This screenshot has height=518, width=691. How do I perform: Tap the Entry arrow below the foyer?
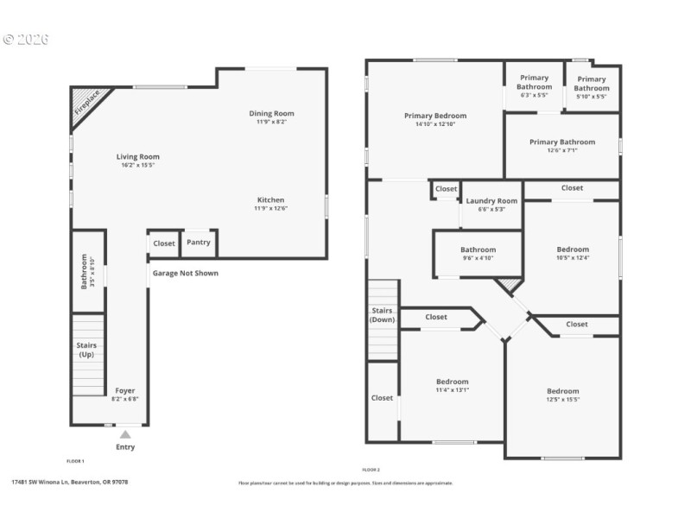pyautogui.click(x=125, y=434)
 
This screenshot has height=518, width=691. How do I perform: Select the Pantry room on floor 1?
pyautogui.click(x=198, y=243)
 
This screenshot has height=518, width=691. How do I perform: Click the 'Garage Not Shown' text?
pyautogui.click(x=186, y=274)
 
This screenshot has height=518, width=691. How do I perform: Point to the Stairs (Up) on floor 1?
pyautogui.click(x=86, y=350)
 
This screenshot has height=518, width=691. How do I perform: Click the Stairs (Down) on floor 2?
pyautogui.click(x=382, y=314)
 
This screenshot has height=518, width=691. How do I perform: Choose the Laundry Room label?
pyautogui.click(x=491, y=201)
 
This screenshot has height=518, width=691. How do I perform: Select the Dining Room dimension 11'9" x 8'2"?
pyautogui.click(x=272, y=123)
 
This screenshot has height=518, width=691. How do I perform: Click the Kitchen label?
pyautogui.click(x=271, y=199)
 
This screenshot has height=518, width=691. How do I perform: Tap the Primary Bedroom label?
pyautogui.click(x=435, y=116)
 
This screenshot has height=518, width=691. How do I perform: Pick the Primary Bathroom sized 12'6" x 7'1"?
pyautogui.click(x=561, y=142)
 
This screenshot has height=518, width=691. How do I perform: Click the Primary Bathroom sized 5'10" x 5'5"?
pyautogui.click(x=592, y=84)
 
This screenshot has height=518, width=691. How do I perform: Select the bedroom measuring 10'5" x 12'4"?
pyautogui.click(x=572, y=250)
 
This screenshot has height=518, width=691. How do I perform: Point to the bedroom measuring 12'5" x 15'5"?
pyautogui.click(x=562, y=391)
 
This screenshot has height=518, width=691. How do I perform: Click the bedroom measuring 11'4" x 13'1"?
pyautogui.click(x=452, y=382)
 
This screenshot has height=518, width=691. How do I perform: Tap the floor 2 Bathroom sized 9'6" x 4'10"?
pyautogui.click(x=478, y=250)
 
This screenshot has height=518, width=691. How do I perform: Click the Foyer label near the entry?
pyautogui.click(x=125, y=391)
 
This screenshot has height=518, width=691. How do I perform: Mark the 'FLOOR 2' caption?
pyautogui.click(x=371, y=470)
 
